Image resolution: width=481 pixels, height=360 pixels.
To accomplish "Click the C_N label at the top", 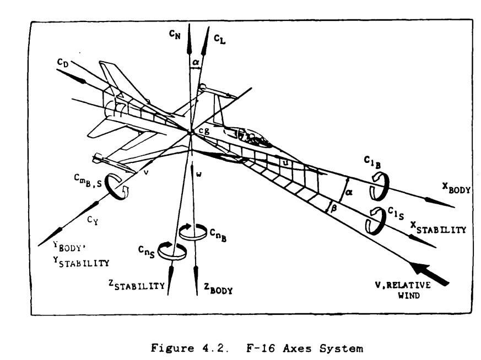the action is point(175,35).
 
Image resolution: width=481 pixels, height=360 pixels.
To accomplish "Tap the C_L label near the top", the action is point(220,39).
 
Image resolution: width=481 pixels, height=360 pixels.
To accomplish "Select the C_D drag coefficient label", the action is point(63,63).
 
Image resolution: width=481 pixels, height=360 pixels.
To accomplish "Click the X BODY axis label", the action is point(456,188).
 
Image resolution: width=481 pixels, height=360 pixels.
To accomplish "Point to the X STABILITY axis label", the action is point(438,228).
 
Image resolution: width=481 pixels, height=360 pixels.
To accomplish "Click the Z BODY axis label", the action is point(218,288).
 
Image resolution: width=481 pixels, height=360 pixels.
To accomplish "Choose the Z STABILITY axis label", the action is point(137,285).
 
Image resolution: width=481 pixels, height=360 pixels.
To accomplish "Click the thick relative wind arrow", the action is point(429,274).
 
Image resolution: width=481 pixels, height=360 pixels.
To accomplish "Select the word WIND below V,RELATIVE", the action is point(409,296).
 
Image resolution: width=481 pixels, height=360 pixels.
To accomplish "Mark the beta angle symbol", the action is point(334,209).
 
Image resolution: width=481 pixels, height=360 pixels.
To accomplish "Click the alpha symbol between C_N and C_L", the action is point(196,62).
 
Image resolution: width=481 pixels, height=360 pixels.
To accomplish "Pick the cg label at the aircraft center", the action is point(204,131).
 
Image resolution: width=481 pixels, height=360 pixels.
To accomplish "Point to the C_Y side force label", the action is point(93,220).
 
